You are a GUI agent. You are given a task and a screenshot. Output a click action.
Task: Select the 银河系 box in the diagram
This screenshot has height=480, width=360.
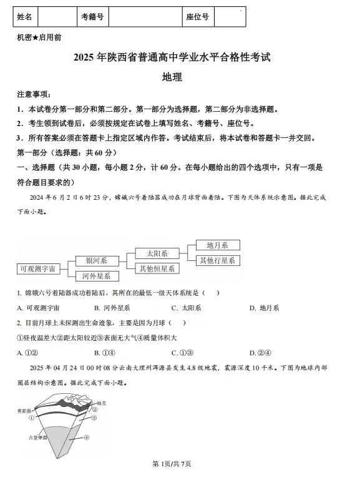(x=97, y=261)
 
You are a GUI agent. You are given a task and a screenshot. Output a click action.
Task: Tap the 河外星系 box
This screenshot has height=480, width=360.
(x=97, y=276)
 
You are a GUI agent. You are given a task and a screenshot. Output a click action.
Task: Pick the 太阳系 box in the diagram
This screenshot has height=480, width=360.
(x=157, y=253)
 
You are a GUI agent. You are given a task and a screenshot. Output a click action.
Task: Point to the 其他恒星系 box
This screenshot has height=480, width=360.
(x=157, y=268)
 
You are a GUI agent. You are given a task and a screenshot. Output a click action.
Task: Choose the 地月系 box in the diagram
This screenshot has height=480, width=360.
(x=218, y=245)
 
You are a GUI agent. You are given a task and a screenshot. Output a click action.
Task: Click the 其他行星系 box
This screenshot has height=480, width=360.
(x=218, y=260)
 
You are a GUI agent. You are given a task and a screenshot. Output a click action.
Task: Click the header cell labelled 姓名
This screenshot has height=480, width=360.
(x=25, y=17)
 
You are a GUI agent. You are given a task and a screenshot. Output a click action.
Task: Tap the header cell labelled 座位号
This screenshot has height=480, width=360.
(x=197, y=17)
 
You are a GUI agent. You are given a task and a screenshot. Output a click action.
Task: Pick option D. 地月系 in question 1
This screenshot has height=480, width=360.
(x=265, y=308)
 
